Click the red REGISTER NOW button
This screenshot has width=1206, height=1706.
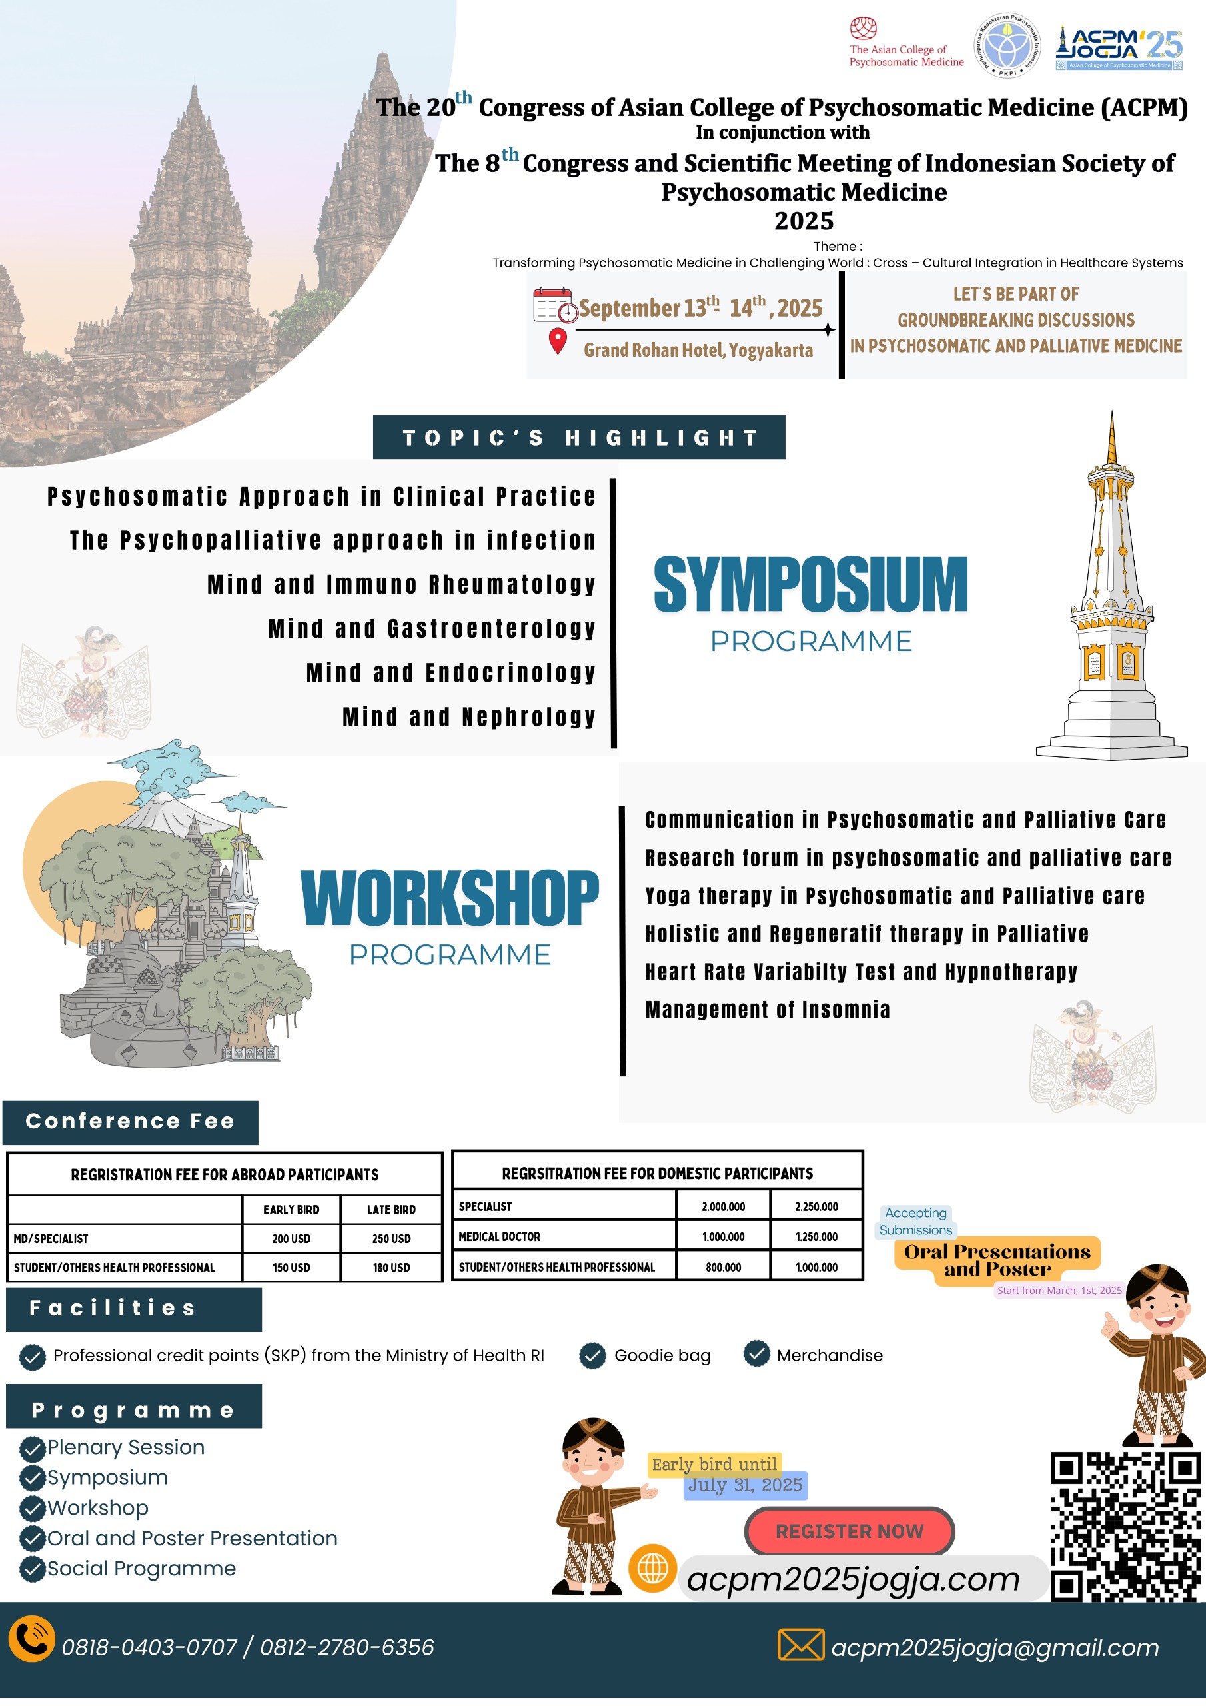pyautogui.click(x=849, y=1531)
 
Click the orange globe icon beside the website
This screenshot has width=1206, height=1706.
pyautogui.click(x=652, y=1569)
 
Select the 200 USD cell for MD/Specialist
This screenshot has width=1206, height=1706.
pyautogui.click(x=291, y=1239)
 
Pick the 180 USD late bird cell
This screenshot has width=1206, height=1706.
pyautogui.click(x=391, y=1268)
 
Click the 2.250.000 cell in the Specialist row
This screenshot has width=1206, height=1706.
pyautogui.click(x=816, y=1207)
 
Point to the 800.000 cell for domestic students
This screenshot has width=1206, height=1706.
pyautogui.click(x=723, y=1268)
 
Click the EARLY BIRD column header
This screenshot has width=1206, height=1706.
pyautogui.click(x=291, y=1210)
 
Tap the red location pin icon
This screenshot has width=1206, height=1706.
pyautogui.click(x=557, y=341)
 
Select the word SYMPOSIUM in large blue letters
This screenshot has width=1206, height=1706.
pyautogui.click(x=810, y=586)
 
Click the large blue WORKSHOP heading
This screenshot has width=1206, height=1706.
pyautogui.click(x=450, y=898)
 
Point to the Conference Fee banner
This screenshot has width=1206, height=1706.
pyautogui.click(x=130, y=1122)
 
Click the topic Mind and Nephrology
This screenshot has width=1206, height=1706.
pyautogui.click(x=469, y=717)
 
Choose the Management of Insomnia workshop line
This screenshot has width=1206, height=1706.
pyautogui.click(x=767, y=1010)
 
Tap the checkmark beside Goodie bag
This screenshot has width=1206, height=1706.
pyautogui.click(x=592, y=1356)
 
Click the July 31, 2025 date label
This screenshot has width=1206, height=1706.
pyautogui.click(x=744, y=1485)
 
